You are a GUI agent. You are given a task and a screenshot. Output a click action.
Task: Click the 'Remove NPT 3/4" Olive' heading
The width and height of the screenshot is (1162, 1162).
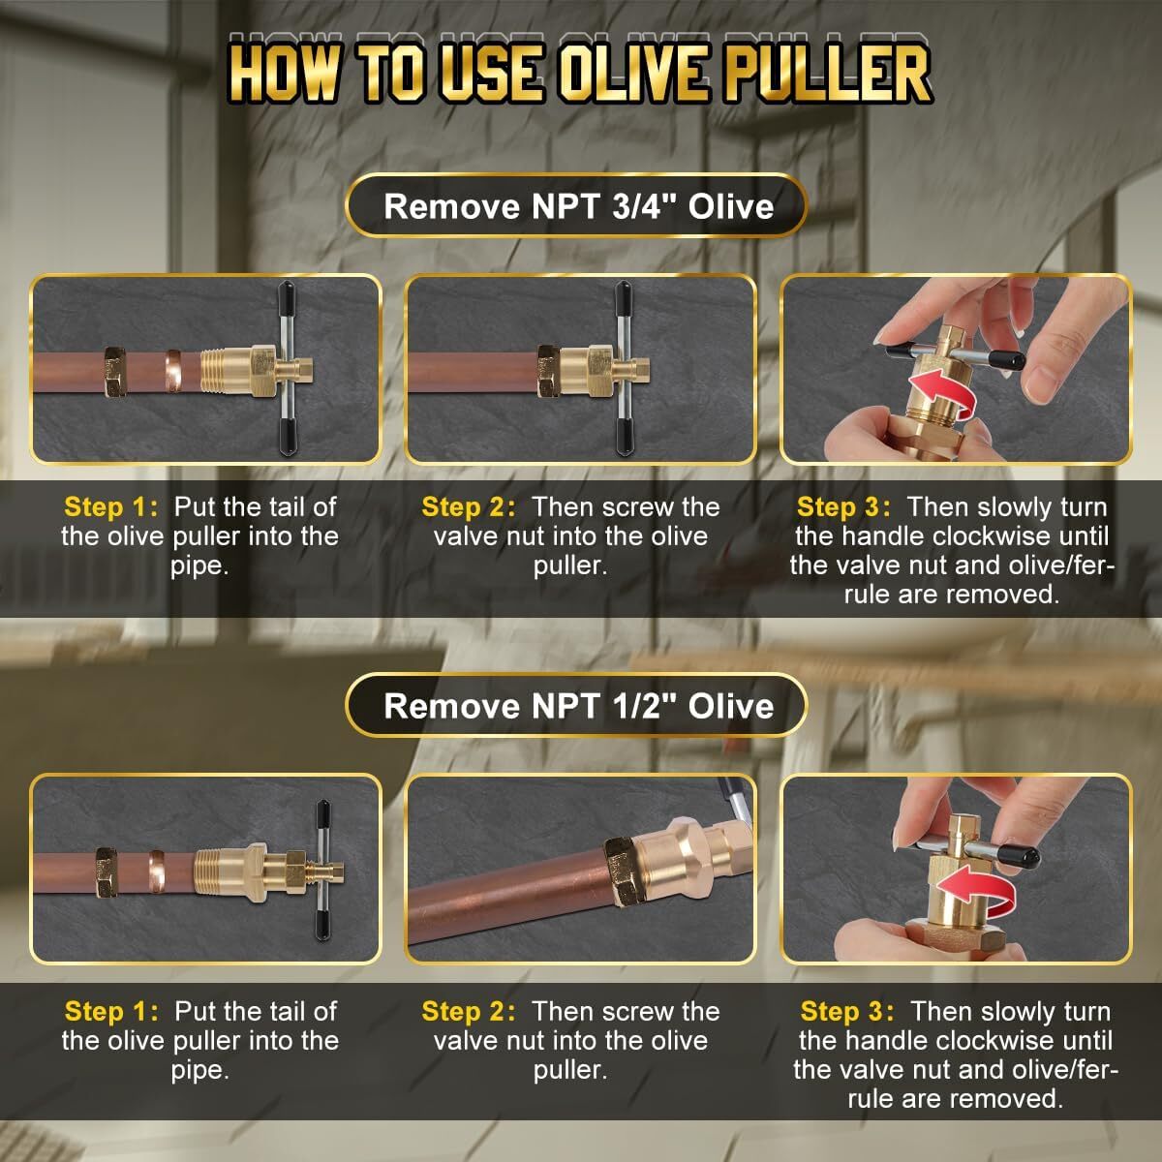pyautogui.click(x=578, y=206)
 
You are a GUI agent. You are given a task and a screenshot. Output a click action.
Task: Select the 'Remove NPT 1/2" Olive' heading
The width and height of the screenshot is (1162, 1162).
pyautogui.click(x=578, y=705)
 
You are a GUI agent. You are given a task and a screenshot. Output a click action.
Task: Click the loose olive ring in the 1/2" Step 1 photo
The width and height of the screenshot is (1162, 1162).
pyautogui.click(x=155, y=869)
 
